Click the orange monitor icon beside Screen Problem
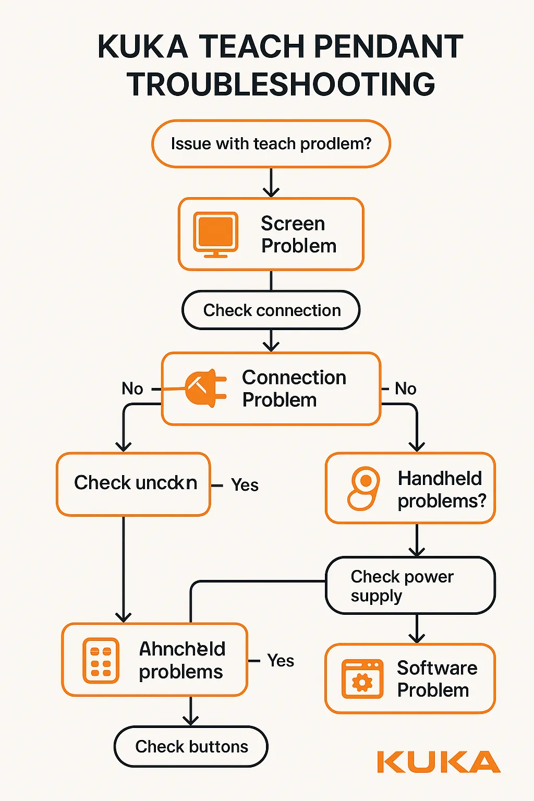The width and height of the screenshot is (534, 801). pos(216,234)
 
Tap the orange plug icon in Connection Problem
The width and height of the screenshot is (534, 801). pos(205,388)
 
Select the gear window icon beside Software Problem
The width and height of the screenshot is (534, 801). pos(362,678)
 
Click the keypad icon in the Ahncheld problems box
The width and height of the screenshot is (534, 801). pos(101,660)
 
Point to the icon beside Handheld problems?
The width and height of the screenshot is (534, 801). pos(363,488)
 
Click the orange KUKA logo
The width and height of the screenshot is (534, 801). pos(438,762)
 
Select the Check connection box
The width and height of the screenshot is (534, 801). pos(271,310)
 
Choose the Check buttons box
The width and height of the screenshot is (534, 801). pos(191,747)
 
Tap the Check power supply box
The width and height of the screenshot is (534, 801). pos(410,586)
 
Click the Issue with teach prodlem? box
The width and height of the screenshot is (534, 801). pos(271,144)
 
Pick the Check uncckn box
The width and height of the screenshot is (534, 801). pos(133,484)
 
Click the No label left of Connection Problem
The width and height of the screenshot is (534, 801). pos(132,389)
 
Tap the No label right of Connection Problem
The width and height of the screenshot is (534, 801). pos(405,389)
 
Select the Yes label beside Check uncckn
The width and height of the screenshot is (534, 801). pos(245,485)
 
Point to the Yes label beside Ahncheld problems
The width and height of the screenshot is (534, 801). pos(281,661)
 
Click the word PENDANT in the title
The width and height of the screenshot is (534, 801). pos(389,46)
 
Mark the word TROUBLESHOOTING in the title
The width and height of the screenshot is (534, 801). pos(281,84)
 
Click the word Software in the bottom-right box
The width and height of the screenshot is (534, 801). pos(437,668)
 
